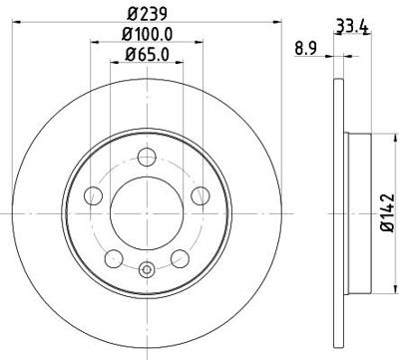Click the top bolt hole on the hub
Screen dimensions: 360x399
(148, 155)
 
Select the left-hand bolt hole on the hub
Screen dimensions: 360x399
(96, 194)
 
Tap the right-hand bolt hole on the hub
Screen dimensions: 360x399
(199, 194)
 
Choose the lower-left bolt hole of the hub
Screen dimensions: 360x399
(114, 257)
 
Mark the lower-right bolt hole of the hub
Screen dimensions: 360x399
(181, 257)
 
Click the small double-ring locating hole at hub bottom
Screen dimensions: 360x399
(148, 266)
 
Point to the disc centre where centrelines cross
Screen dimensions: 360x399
(148, 210)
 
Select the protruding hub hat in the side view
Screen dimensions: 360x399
(358, 209)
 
